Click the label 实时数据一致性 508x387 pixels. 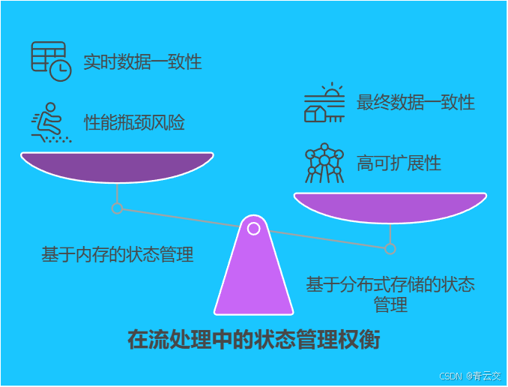pos(142,61)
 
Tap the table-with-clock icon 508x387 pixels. pos(50,61)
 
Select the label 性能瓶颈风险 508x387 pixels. pos(134,123)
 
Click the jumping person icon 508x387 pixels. pos(50,123)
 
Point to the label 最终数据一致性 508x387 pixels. pos(415,102)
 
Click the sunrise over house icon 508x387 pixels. pos(324,103)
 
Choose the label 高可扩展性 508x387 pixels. pos(399,163)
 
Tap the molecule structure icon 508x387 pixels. pos(324,163)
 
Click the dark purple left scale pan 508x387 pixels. pos(117,166)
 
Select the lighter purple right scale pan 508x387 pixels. pos(390,207)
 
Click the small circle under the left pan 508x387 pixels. pos(117,208)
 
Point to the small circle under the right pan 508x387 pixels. pos(390,249)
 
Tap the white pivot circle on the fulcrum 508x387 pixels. pos(254,228)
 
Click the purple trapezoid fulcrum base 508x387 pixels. pos(254,277)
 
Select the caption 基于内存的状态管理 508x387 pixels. pos(118,255)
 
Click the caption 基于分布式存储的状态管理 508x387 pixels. pos(390,294)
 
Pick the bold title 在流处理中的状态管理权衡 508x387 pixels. pos(254,340)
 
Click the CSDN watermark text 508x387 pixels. pos(450,376)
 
